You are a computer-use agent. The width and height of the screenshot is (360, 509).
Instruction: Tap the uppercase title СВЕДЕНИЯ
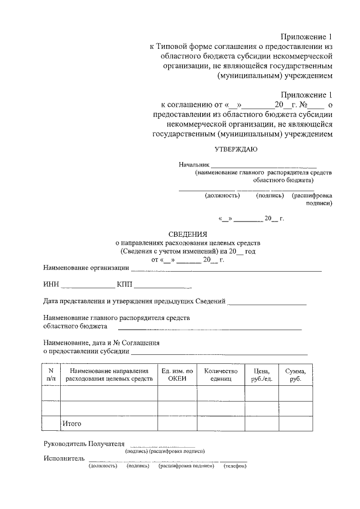click(188, 234)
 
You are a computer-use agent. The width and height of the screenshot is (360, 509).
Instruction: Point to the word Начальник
click(194, 164)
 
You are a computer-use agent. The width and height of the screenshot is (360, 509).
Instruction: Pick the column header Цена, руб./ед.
click(262, 375)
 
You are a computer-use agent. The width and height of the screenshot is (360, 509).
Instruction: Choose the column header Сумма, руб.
click(295, 375)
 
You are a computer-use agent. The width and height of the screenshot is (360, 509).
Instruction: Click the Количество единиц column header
click(221, 375)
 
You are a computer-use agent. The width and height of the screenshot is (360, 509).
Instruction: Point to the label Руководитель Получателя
click(84, 444)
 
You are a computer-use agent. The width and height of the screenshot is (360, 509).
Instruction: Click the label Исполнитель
click(64, 458)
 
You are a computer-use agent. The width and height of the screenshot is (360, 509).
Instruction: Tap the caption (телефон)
click(235, 466)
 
